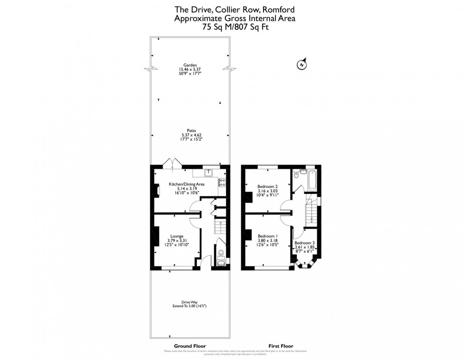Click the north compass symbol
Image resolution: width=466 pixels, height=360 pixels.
point(301,64)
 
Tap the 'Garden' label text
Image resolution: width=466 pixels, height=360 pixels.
point(190,65)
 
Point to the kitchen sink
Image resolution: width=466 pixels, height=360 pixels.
point(209,173)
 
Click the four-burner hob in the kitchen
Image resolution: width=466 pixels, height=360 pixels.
point(222,182)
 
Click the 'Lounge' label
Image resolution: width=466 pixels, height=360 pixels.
point(177,235)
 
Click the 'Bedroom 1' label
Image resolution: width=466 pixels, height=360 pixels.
point(267,236)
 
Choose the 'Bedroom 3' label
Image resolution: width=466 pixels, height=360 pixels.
point(304,243)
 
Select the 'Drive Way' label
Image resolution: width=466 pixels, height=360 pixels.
point(190,302)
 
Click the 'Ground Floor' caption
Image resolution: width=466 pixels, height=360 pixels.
point(190,346)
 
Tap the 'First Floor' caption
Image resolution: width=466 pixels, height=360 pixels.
point(281,346)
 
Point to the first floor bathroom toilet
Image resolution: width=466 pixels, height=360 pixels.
point(297,174)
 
